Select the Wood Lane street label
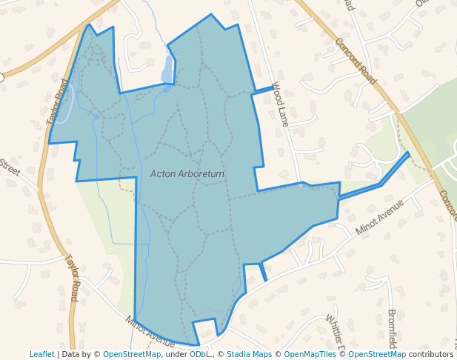coord(279,104)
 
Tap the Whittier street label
coord(335,332)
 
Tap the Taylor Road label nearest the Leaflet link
coord(72,279)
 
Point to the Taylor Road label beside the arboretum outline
coord(57,101)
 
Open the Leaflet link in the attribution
coord(42,355)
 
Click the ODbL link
coord(199,355)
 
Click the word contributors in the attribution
coord(431,355)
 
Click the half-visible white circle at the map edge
coord(1,77)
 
